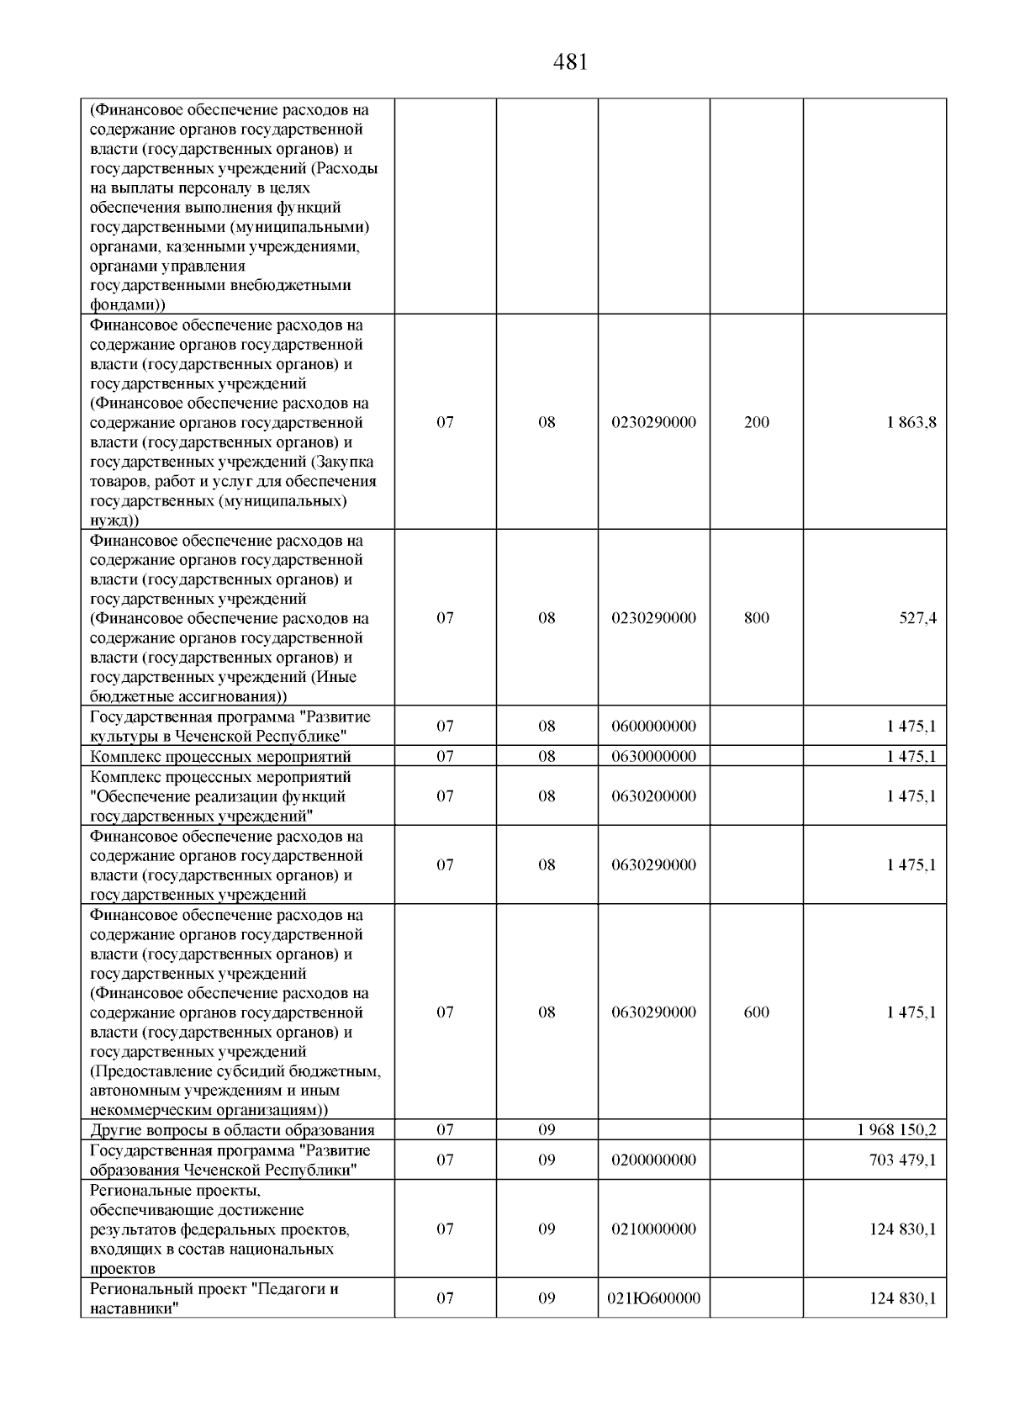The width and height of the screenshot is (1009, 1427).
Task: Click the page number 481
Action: pyautogui.click(x=571, y=62)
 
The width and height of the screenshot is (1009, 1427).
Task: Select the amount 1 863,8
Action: pyautogui.click(x=911, y=422)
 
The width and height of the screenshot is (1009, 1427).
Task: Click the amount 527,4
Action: pyautogui.click(x=917, y=618)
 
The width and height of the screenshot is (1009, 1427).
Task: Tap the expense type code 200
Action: pyautogui.click(x=756, y=422)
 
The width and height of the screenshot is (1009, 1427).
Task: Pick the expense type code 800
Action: pyautogui.click(x=756, y=618)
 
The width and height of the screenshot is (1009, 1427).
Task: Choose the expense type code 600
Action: pyautogui.click(x=756, y=1012)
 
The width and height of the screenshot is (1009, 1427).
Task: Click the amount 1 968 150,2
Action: pyautogui.click(x=896, y=1130)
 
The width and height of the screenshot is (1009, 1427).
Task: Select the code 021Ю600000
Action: pyautogui.click(x=653, y=1298)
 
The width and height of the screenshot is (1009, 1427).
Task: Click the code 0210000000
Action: pyautogui.click(x=653, y=1229)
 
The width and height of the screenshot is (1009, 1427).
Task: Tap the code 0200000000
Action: pyautogui.click(x=653, y=1160)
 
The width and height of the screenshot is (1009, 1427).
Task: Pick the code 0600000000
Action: pyautogui.click(x=653, y=727)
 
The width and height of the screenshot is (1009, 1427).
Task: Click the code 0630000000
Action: pyautogui.click(x=653, y=756)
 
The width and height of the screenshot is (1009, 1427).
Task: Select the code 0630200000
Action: pyautogui.click(x=653, y=796)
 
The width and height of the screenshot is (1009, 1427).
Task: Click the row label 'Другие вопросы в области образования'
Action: pyautogui.click(x=232, y=1130)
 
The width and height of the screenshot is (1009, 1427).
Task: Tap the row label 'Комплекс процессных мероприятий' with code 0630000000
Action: pyautogui.click(x=220, y=756)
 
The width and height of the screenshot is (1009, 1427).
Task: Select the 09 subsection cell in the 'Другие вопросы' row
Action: pyautogui.click(x=547, y=1130)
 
